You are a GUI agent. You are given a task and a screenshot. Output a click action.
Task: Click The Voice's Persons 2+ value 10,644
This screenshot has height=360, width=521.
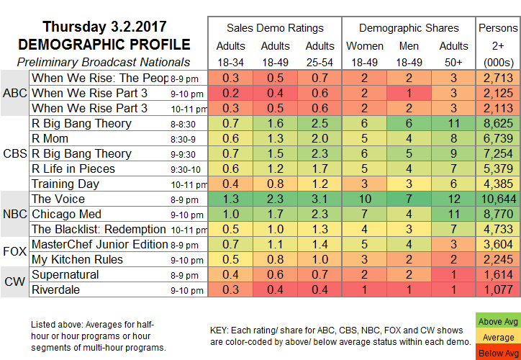(497, 199)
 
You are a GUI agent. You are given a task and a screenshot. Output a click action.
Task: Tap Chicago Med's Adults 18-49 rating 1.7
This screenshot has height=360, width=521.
(274, 214)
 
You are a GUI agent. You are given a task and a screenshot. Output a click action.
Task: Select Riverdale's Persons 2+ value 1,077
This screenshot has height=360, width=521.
(497, 289)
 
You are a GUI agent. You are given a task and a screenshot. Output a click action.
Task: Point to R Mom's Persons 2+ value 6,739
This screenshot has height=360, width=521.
(497, 138)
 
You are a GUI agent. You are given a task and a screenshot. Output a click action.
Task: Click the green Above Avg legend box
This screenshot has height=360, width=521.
(497, 320)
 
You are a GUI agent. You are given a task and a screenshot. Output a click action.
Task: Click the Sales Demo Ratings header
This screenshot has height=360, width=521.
(275, 28)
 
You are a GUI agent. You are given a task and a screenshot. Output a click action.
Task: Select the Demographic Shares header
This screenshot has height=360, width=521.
(409, 28)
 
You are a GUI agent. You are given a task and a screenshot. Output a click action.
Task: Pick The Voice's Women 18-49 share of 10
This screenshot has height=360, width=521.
(366, 199)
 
